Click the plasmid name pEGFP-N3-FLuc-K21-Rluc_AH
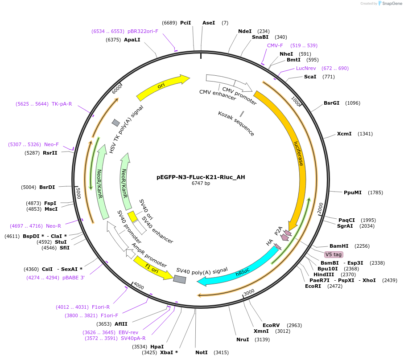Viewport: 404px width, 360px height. pyautogui.click(x=201, y=177)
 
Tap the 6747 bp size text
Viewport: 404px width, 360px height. pyautogui.click(x=201, y=183)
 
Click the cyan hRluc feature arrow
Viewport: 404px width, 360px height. pyautogui.click(x=241, y=270)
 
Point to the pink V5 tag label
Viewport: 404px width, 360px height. pyautogui.click(x=334, y=254)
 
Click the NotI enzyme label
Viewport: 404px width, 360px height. pyautogui.click(x=202, y=352)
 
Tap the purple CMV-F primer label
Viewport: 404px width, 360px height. pyautogui.click(x=275, y=45)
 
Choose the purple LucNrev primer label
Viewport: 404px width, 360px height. pyautogui.click(x=306, y=68)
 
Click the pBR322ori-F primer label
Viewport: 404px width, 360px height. pyautogui.click(x=143, y=31)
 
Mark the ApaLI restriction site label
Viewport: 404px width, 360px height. pyautogui.click(x=132, y=40)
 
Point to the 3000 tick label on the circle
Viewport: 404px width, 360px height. pyautogui.click(x=248, y=292)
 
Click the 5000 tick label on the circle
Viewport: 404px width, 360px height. pyautogui.click(x=78, y=193)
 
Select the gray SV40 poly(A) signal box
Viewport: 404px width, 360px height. pyautogui.click(x=180, y=279)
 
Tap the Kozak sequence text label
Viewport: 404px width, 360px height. pyautogui.click(x=236, y=123)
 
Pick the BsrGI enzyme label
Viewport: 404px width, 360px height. pyautogui.click(x=332, y=103)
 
